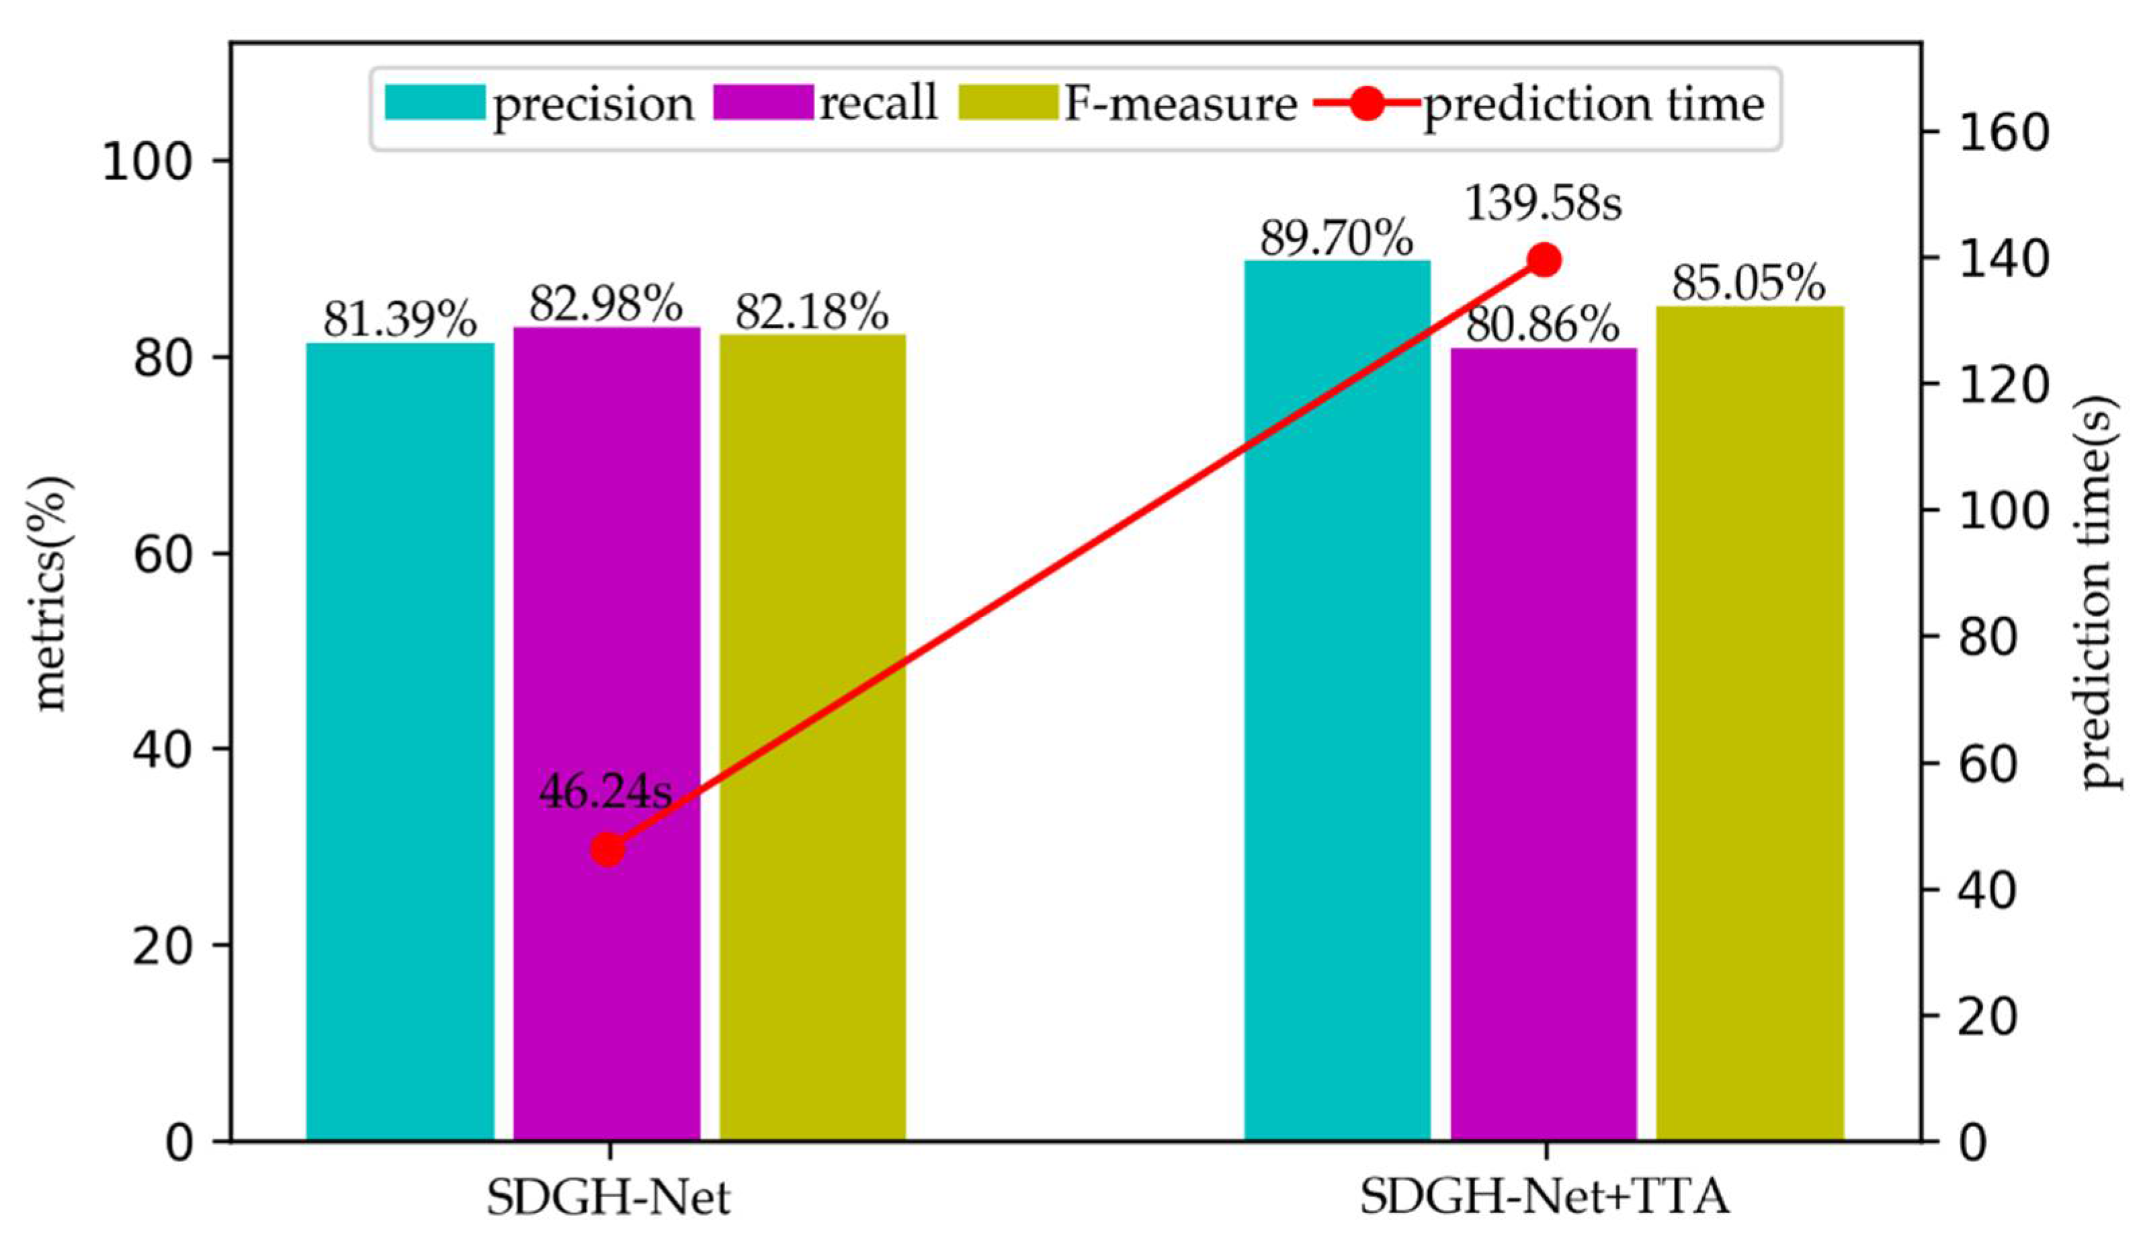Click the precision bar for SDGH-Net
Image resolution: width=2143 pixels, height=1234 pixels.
pos(400,741)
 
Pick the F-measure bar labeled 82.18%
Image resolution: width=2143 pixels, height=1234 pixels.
pos(812,737)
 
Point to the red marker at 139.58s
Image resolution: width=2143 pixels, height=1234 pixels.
pos(1543,260)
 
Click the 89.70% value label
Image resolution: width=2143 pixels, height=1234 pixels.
pos(1337,239)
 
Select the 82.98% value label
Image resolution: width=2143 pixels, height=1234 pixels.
pos(606,303)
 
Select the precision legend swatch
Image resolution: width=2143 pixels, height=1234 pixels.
pos(435,104)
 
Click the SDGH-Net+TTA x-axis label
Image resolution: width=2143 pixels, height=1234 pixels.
pos(1544,1198)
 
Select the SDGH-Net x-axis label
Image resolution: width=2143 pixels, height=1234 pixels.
pos(607,1198)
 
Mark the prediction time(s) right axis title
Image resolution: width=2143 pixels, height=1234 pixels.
pos(2101,593)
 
